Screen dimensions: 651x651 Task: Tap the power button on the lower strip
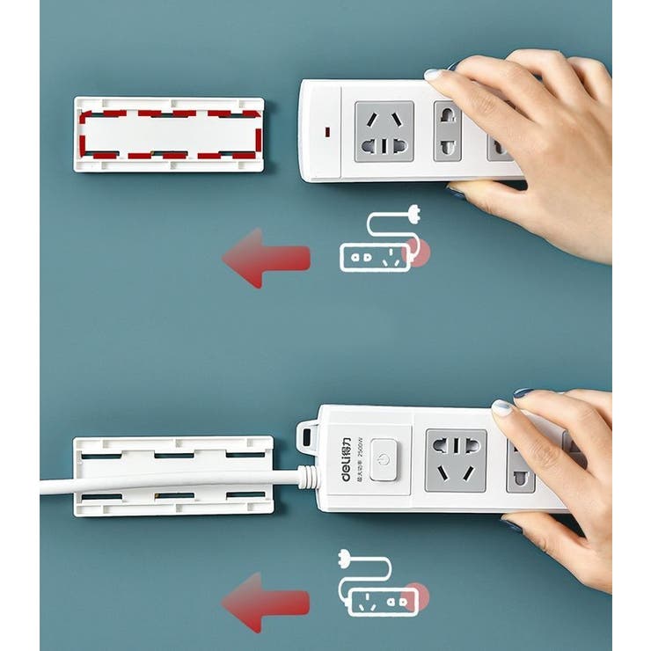point(384,460)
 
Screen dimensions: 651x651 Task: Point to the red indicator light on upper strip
point(327,133)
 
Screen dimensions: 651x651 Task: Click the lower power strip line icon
point(378,584)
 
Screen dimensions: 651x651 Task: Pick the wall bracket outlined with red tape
point(169,134)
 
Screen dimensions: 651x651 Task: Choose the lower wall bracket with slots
point(172,476)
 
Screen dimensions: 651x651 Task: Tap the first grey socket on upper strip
point(384,131)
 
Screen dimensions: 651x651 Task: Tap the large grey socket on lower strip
point(456,459)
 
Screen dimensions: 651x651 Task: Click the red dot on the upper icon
point(422,252)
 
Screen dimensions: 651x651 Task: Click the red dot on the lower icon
point(419,597)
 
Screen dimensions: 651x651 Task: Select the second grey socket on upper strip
point(448,132)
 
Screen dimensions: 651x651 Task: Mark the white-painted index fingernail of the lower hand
point(501,407)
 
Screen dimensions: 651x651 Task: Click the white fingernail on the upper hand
point(434,76)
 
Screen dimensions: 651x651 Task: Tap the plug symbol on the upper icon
point(410,212)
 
